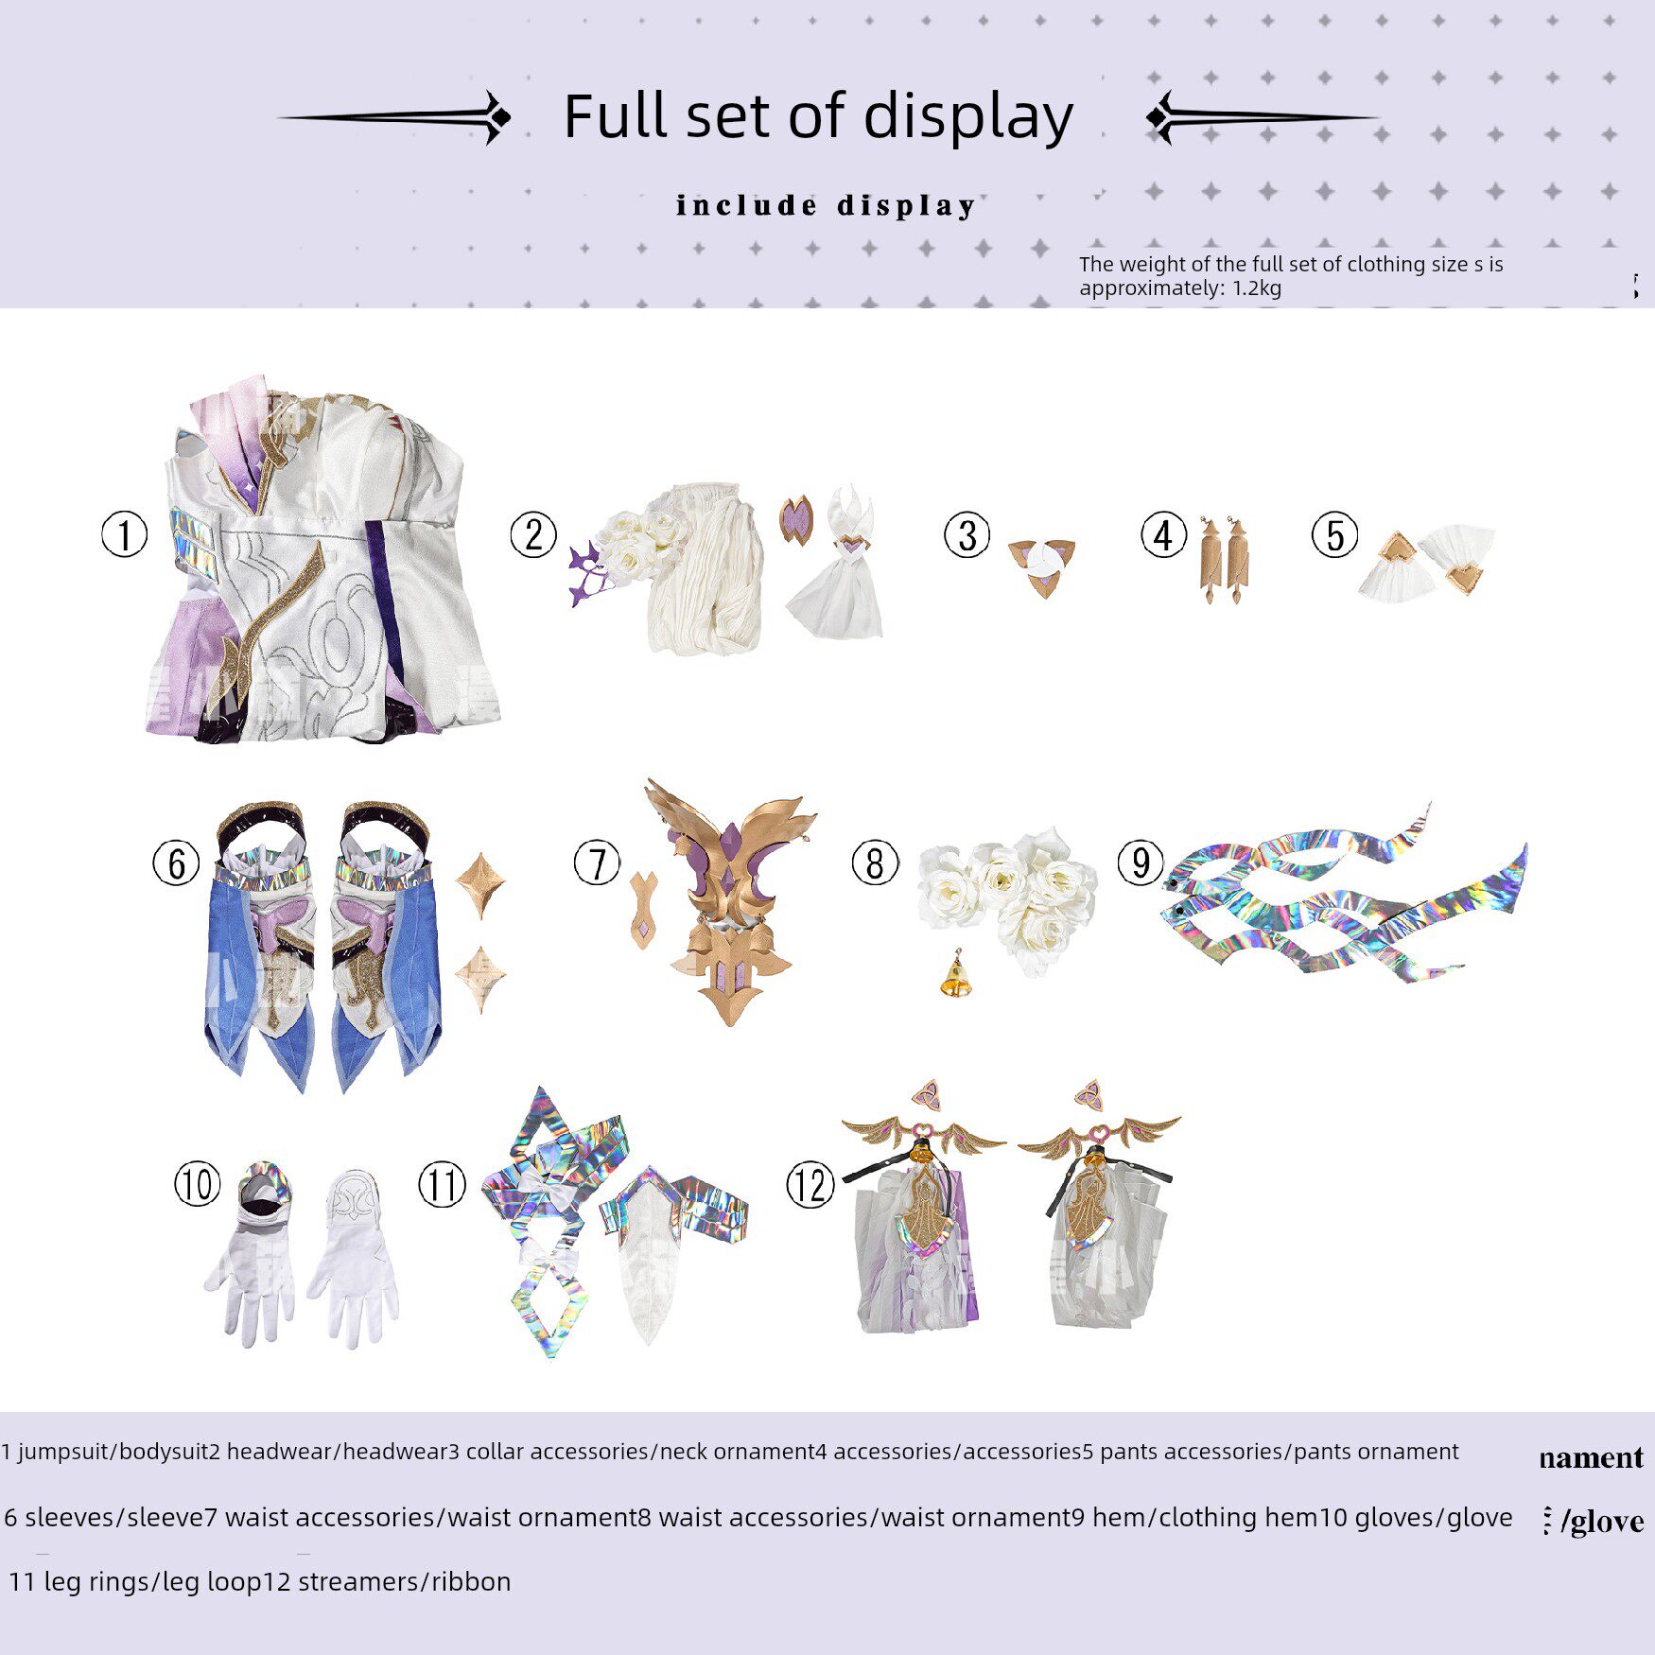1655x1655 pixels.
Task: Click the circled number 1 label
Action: point(124,534)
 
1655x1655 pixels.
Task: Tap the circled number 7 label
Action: point(597,863)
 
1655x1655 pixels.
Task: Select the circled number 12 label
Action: point(810,1185)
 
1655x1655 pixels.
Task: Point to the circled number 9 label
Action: point(1141,862)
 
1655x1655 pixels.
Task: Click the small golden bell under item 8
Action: point(956,977)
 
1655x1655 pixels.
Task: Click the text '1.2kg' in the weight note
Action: point(1257,288)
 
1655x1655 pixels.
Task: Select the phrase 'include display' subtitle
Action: point(825,205)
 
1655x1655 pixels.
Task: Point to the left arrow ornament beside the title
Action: point(397,117)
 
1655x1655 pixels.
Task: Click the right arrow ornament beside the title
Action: point(1258,118)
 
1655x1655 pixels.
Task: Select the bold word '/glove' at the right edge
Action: point(1601,1521)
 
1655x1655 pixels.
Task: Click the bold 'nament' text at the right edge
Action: point(1591,1457)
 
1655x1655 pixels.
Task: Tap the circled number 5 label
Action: point(1334,534)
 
